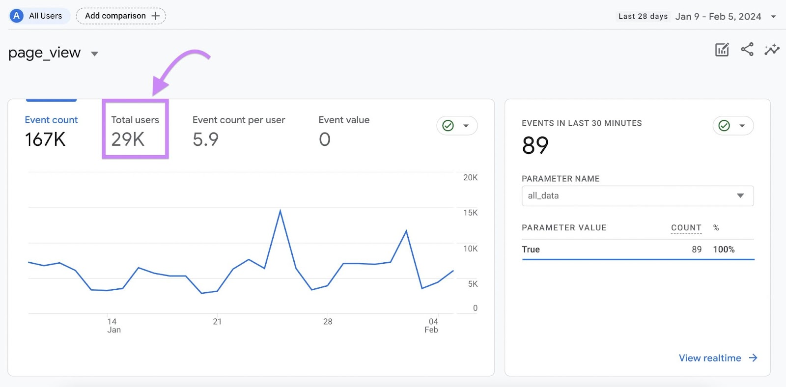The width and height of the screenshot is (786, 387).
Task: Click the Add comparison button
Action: tap(121, 16)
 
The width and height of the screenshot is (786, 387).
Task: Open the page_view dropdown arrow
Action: tap(95, 54)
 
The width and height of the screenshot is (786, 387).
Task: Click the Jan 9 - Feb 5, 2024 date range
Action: tap(718, 17)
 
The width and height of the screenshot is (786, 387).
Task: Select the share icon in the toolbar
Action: tap(747, 50)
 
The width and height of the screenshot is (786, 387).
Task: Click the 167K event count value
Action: tap(45, 139)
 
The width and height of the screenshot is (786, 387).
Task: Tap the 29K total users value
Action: tap(128, 139)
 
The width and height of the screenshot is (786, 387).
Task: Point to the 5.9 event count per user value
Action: tap(205, 139)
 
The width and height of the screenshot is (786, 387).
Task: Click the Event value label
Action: tap(344, 120)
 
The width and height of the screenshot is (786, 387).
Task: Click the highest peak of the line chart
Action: tap(280, 211)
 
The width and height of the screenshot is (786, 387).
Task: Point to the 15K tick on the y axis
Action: tap(470, 213)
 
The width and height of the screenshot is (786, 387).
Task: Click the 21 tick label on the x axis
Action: tap(217, 322)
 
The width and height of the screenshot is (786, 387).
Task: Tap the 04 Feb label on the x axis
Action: tap(432, 326)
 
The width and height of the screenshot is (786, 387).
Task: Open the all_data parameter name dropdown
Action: tap(637, 195)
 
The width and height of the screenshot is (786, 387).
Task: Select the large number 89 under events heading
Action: tap(535, 145)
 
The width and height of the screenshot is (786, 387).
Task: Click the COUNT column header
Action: tap(686, 228)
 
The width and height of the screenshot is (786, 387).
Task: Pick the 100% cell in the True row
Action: tap(724, 249)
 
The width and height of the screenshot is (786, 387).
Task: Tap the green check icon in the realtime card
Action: tap(724, 126)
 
